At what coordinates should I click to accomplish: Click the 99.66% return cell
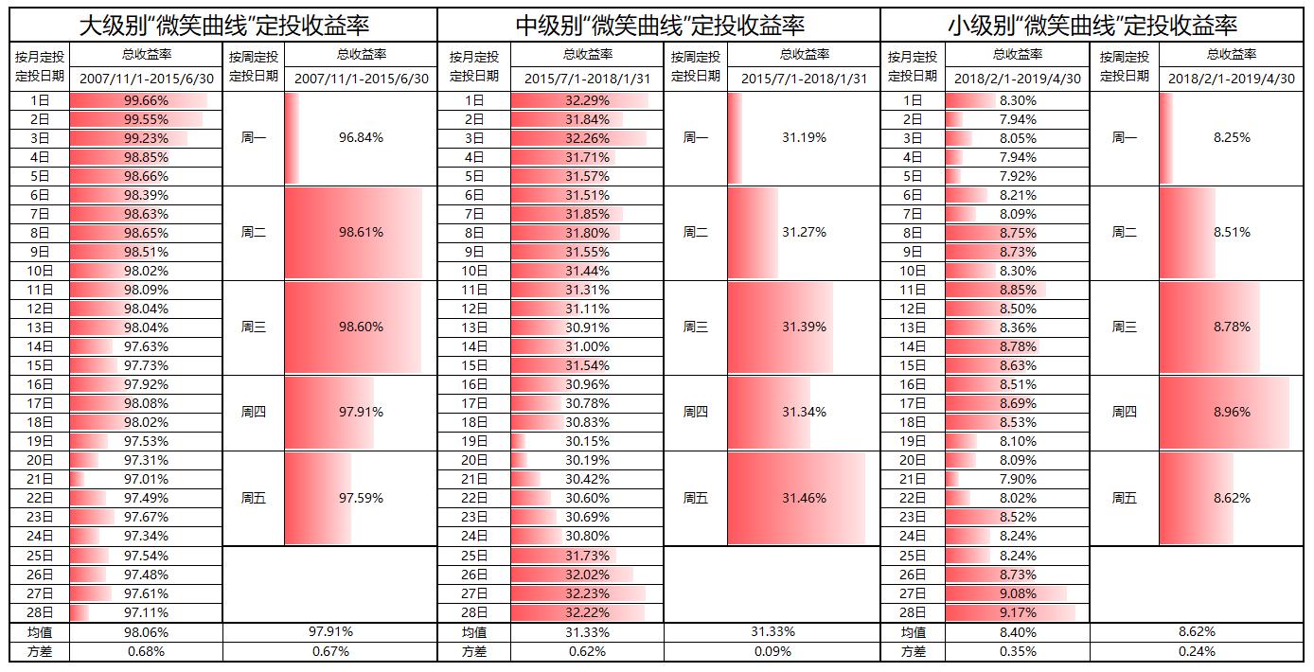146,100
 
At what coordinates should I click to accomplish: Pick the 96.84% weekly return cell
361,138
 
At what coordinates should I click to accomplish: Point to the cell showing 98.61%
361,233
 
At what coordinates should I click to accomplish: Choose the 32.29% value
587,100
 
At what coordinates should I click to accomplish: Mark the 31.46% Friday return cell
804,498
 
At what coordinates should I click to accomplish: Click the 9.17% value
1018,613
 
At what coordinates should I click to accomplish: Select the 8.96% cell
1232,413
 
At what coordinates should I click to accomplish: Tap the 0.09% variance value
772,651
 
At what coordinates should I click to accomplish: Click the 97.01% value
146,479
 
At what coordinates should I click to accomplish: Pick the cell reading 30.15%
587,441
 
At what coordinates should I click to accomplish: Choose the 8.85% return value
1018,290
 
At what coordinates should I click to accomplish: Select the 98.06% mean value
146,632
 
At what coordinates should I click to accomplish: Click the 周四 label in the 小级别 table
1125,413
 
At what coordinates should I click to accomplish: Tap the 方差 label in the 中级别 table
474,651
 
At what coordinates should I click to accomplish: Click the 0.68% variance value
146,651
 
